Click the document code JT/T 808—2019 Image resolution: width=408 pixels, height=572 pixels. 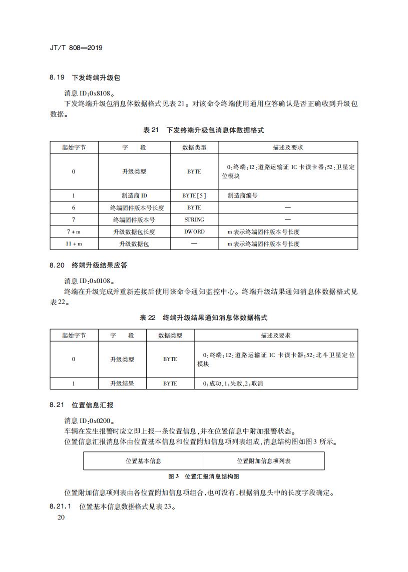point(77,48)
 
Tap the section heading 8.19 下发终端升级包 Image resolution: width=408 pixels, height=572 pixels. point(85,77)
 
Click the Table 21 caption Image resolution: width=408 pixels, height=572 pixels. point(204,130)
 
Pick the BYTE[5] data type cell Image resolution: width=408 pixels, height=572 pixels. point(194,195)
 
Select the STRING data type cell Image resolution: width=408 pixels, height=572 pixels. point(194,219)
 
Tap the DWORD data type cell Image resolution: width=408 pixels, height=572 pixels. point(194,231)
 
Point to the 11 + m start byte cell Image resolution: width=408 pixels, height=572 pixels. point(74,243)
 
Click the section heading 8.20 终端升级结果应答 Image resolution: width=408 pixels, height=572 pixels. point(92,265)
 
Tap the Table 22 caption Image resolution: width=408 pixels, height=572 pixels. point(204,317)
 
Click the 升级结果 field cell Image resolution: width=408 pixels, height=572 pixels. point(122,383)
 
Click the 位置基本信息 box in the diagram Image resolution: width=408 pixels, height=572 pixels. point(144,461)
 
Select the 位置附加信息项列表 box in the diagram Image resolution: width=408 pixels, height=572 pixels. point(264,461)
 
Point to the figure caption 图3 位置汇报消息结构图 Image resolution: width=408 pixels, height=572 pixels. point(204,476)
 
